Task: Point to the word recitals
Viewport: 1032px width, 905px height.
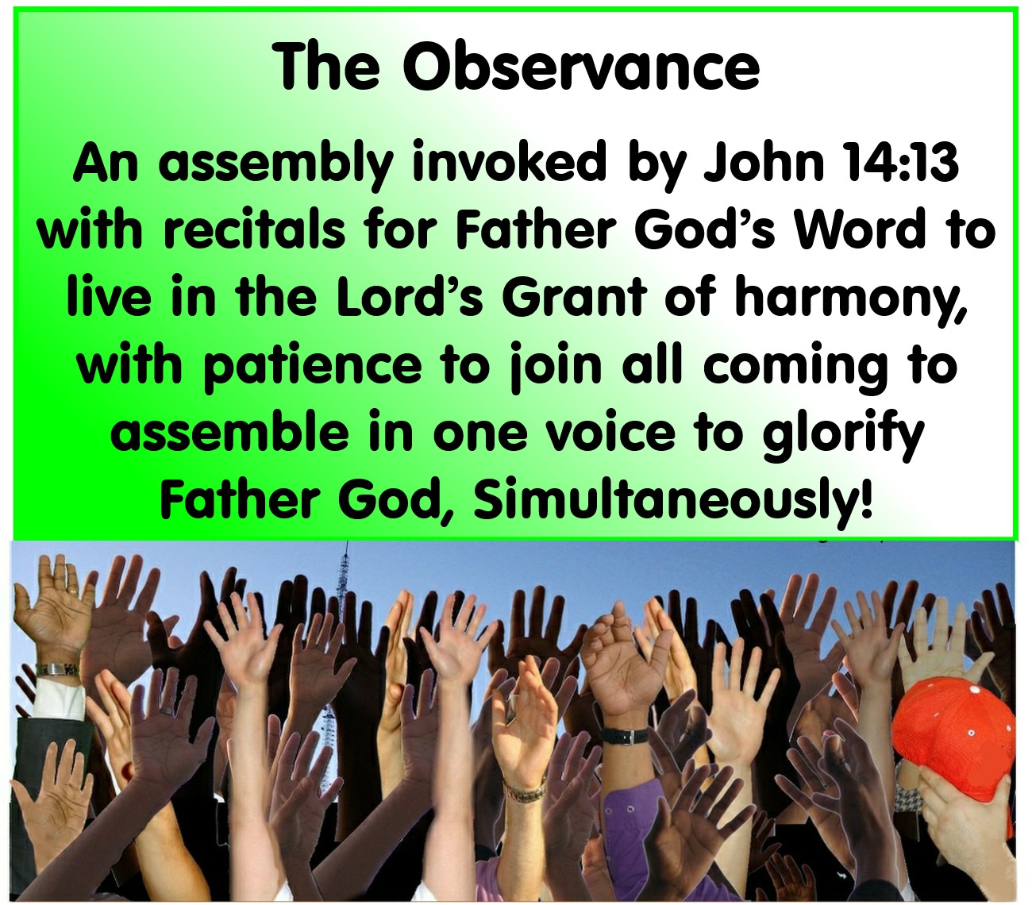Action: click(255, 229)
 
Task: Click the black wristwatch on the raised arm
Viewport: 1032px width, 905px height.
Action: click(625, 735)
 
